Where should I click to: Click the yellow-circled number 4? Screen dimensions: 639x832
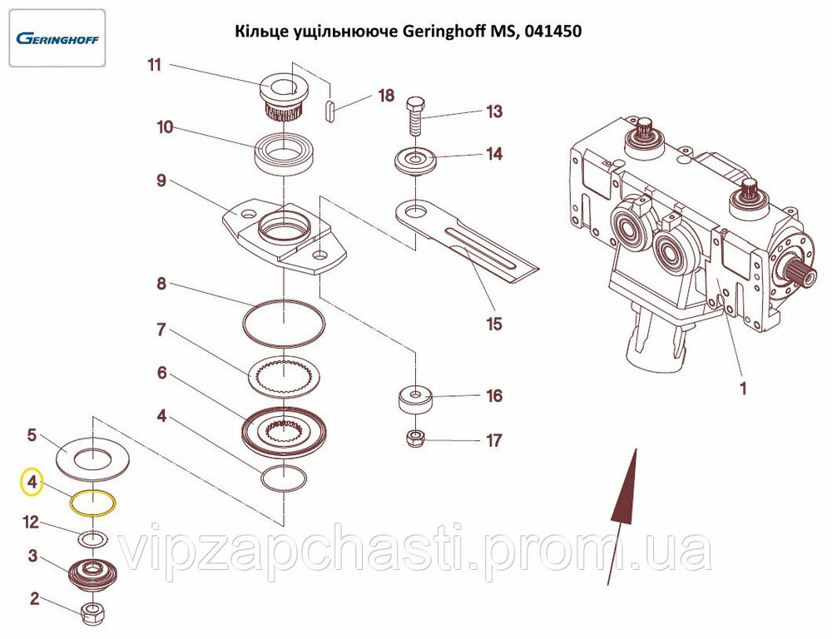32,482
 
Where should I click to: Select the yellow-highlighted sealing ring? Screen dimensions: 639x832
92,503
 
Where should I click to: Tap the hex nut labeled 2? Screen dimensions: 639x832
92,614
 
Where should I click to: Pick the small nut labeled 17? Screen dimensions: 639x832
415,437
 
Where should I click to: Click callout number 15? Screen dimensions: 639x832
494,324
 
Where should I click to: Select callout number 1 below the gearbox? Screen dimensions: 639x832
743,388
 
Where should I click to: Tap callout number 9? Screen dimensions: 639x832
161,181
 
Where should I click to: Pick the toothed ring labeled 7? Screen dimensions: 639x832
284,375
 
